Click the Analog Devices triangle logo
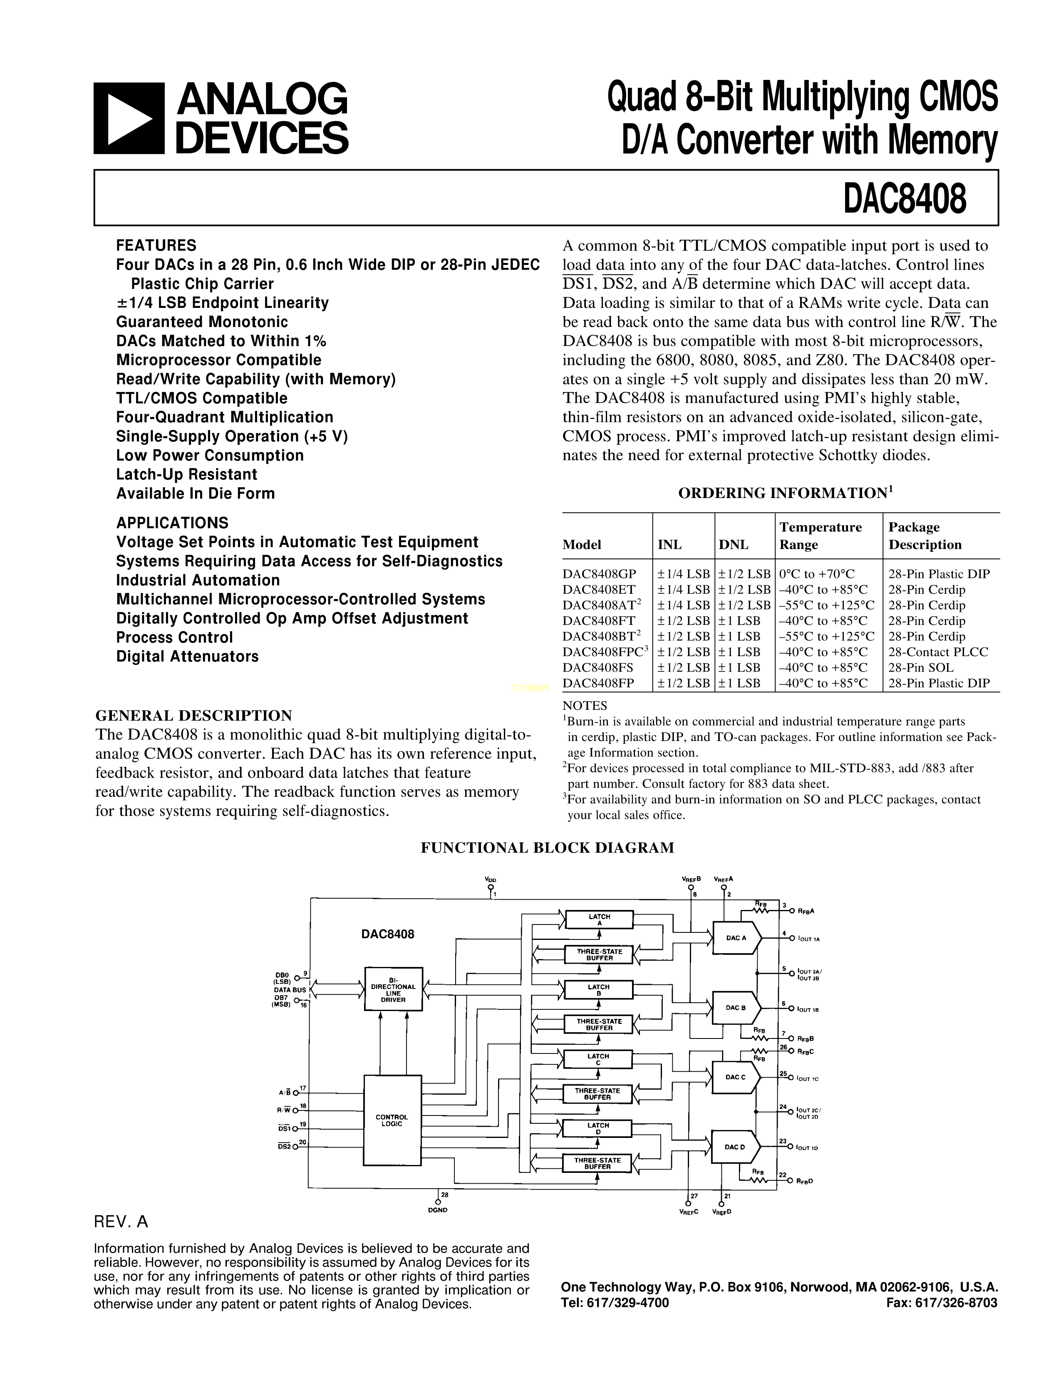click(x=129, y=119)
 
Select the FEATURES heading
click(x=156, y=245)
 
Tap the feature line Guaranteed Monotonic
click(x=202, y=322)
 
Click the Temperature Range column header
click(x=820, y=535)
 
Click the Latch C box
click(x=598, y=1059)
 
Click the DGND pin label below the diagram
click(x=437, y=1210)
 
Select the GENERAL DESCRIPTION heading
click(x=193, y=716)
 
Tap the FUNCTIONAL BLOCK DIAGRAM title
click(x=547, y=848)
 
